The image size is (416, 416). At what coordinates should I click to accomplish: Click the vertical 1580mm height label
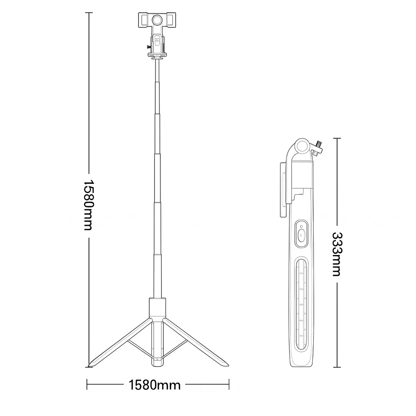[89, 205]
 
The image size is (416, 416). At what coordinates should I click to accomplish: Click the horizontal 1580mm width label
[154, 385]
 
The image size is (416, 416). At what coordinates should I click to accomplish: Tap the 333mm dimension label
[337, 254]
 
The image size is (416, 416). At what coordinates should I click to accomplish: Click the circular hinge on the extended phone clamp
[157, 20]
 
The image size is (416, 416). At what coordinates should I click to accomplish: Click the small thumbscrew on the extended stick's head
[149, 47]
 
